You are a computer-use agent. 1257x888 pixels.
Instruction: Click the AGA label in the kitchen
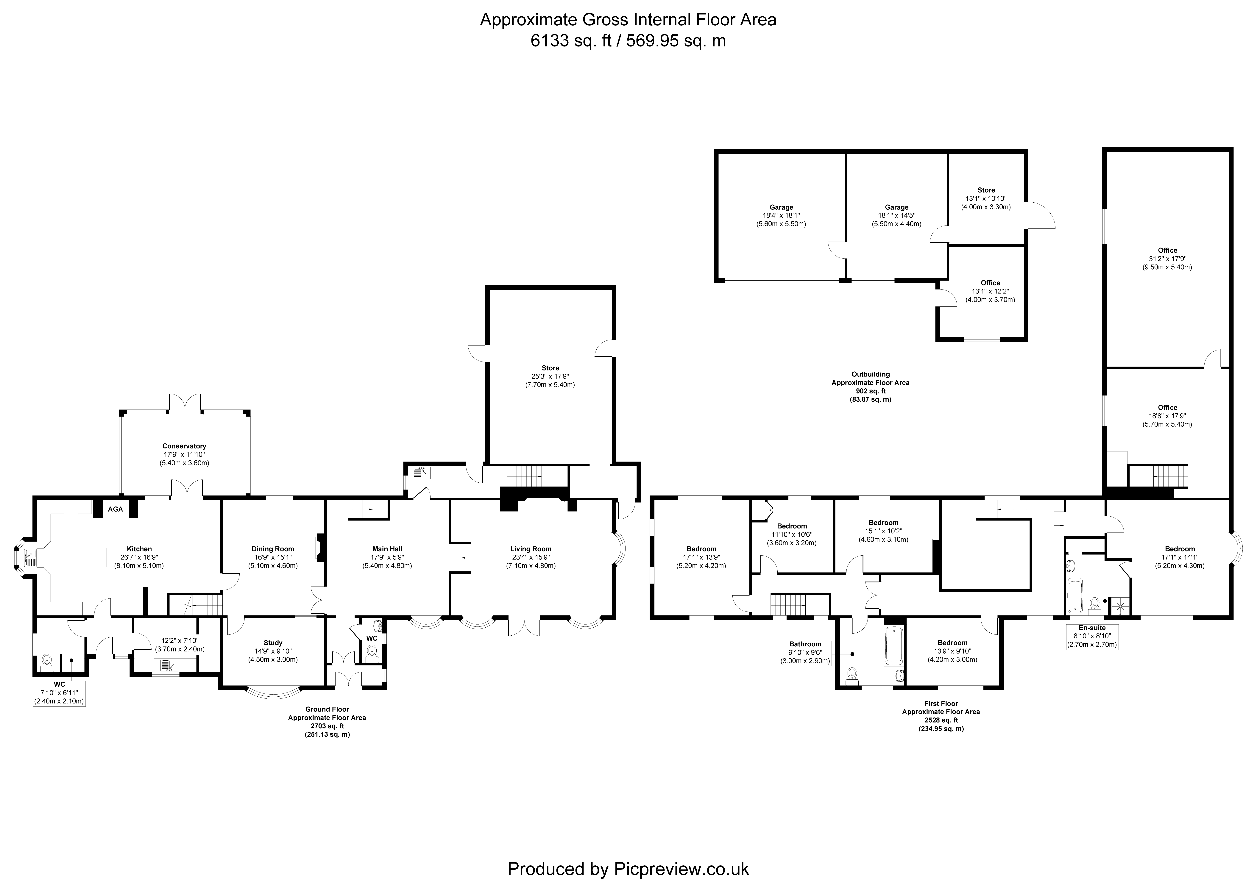(x=116, y=509)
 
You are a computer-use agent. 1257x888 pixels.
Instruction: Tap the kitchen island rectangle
(x=88, y=557)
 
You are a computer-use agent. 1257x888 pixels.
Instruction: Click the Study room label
(x=273, y=651)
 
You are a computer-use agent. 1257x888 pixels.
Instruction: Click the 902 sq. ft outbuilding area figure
(x=871, y=391)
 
